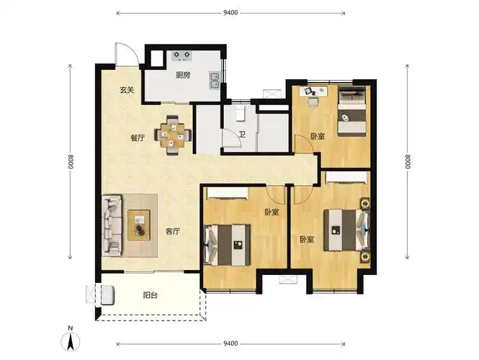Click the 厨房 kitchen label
183,75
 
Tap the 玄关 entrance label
127,90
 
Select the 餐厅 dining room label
138,138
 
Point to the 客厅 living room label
173,232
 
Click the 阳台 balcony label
151,295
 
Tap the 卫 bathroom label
242,135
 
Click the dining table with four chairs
173,135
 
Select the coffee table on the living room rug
139,225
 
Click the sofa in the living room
112,225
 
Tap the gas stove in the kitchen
182,55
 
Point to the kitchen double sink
215,81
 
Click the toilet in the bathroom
240,114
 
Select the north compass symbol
71,339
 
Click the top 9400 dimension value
230,13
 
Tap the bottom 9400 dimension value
230,344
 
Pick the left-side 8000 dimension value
71,161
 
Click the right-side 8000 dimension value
408,161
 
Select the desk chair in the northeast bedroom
313,102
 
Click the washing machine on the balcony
107,295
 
